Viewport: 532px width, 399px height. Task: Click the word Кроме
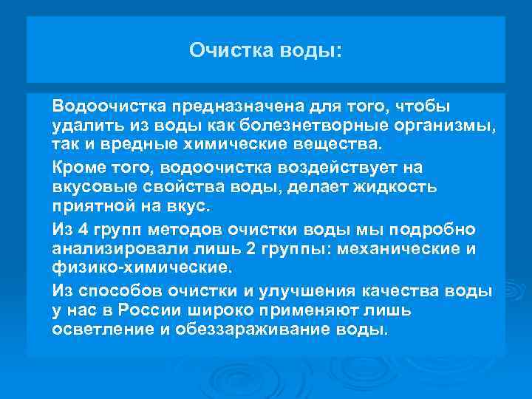coord(76,168)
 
